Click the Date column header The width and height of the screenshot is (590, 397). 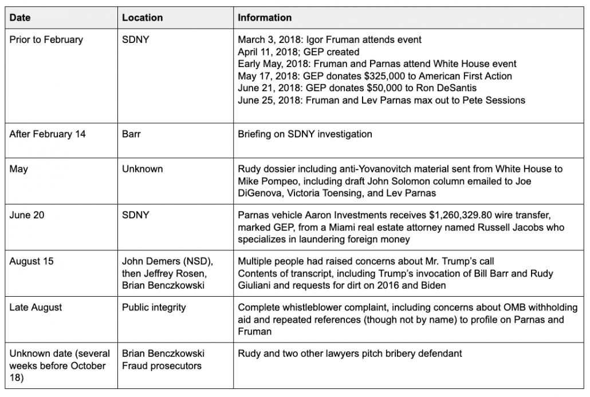pos(21,18)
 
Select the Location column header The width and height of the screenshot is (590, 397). pos(142,18)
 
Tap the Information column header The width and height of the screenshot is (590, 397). pos(265,18)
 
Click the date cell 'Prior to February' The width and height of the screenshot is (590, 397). pos(46,40)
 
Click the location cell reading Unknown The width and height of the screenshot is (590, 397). pos(143,169)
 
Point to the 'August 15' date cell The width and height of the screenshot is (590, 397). pos(33,261)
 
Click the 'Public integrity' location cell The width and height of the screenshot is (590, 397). pos(154,308)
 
